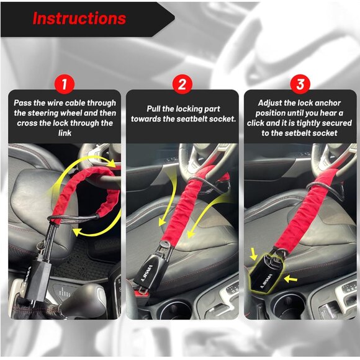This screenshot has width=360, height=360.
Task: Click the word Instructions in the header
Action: (79, 18)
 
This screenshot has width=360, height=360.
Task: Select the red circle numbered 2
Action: (182, 84)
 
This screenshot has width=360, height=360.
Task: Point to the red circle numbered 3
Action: (300, 84)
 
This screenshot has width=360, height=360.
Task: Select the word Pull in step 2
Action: (156, 108)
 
